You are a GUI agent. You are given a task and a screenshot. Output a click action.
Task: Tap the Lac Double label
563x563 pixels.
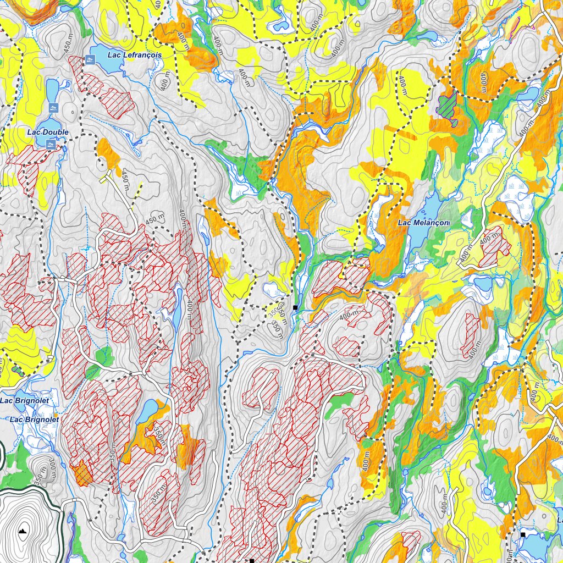(x=48, y=132)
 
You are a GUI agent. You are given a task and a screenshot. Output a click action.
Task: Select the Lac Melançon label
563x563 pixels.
(x=424, y=223)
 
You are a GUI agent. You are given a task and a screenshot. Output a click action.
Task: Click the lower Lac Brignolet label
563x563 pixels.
(x=34, y=420)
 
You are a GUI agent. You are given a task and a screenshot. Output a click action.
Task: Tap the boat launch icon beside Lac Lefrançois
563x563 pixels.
(x=89, y=59)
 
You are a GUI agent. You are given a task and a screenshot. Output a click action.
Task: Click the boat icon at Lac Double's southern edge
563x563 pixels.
(x=50, y=145)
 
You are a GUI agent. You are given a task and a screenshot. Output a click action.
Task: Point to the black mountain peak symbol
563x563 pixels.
(x=22, y=531)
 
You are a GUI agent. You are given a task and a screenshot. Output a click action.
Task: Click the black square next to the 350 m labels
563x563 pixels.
(x=295, y=307)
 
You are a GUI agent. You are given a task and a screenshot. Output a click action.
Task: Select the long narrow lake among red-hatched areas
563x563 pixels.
(x=179, y=308)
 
